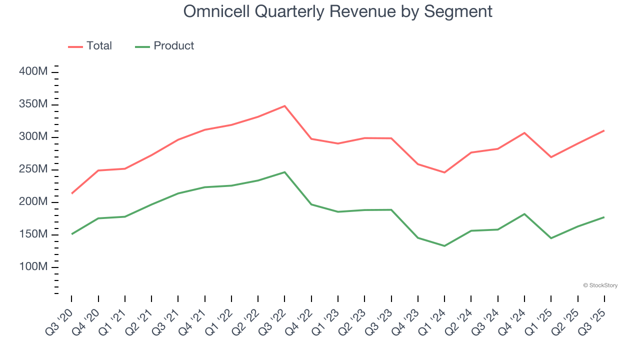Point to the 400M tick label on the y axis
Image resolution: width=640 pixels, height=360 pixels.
(33, 72)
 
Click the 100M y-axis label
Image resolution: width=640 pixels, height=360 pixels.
(33, 267)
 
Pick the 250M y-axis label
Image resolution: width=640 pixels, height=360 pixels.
(33, 169)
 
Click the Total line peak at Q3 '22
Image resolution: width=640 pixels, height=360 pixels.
(284, 106)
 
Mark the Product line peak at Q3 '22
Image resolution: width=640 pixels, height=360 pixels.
(284, 172)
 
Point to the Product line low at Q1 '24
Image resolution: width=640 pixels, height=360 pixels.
(444, 246)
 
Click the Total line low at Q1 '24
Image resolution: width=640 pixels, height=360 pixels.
(444, 172)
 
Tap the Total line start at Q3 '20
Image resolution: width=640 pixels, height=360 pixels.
(71, 193)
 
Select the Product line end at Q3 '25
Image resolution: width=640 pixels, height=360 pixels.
(604, 217)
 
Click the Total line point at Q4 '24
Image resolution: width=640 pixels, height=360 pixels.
(524, 133)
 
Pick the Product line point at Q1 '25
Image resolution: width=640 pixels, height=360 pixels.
(551, 238)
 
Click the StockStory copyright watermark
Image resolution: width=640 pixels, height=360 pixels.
(600, 285)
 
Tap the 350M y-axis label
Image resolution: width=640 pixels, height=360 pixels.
(33, 104)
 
